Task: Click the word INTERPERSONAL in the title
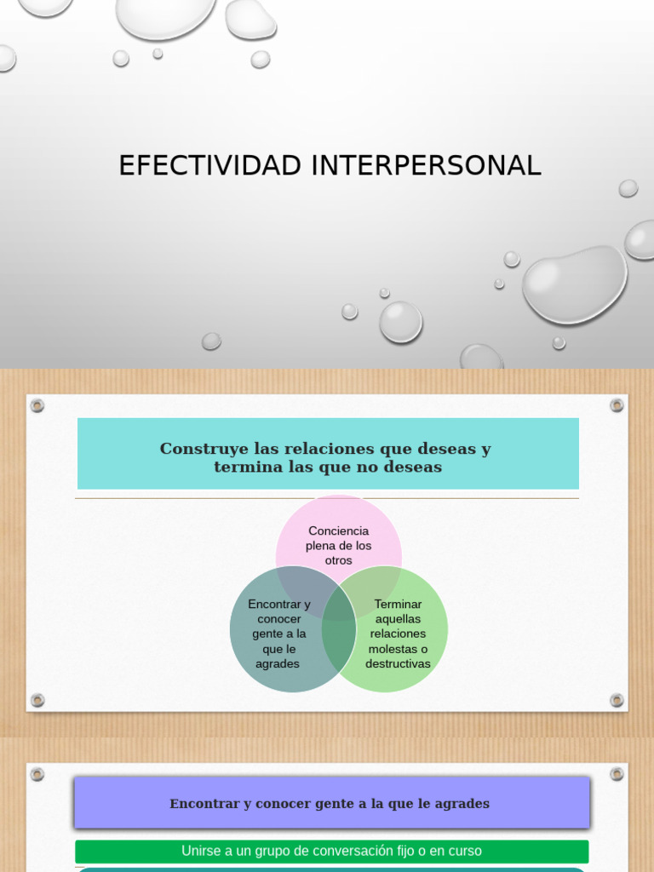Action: (426, 165)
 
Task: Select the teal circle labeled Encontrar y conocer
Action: (272, 634)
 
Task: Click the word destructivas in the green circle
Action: (398, 664)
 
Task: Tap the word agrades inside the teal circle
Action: (278, 664)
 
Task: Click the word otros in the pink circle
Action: (338, 560)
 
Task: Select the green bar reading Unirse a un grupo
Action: (331, 851)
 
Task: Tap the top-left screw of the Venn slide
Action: (37, 405)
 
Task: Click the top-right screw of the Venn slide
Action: (617, 405)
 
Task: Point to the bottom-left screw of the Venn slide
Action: (37, 700)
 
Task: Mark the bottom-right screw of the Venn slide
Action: (617, 700)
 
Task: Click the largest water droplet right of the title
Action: (574, 284)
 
